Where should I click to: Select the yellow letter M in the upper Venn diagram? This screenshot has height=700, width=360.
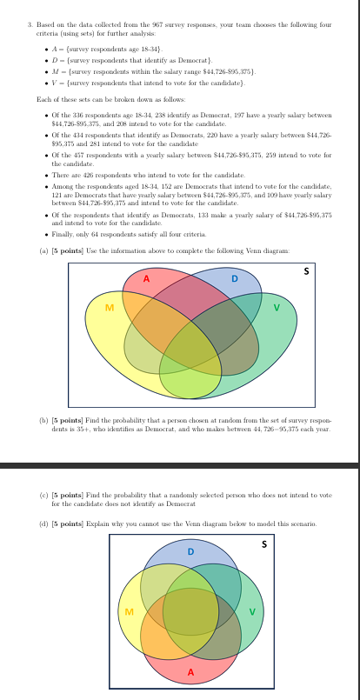tap(110, 308)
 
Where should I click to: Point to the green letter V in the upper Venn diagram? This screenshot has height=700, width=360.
tap(277, 308)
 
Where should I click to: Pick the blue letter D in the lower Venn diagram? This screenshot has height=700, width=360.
tap(190, 550)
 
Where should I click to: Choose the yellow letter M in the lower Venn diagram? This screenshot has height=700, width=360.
tap(130, 612)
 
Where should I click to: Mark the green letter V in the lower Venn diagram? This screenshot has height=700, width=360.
tap(252, 612)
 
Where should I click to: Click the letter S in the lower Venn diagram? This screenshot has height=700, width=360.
tap(265, 544)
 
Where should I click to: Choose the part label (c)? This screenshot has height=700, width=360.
tap(44, 495)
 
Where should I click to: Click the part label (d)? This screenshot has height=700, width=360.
tap(44, 523)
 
